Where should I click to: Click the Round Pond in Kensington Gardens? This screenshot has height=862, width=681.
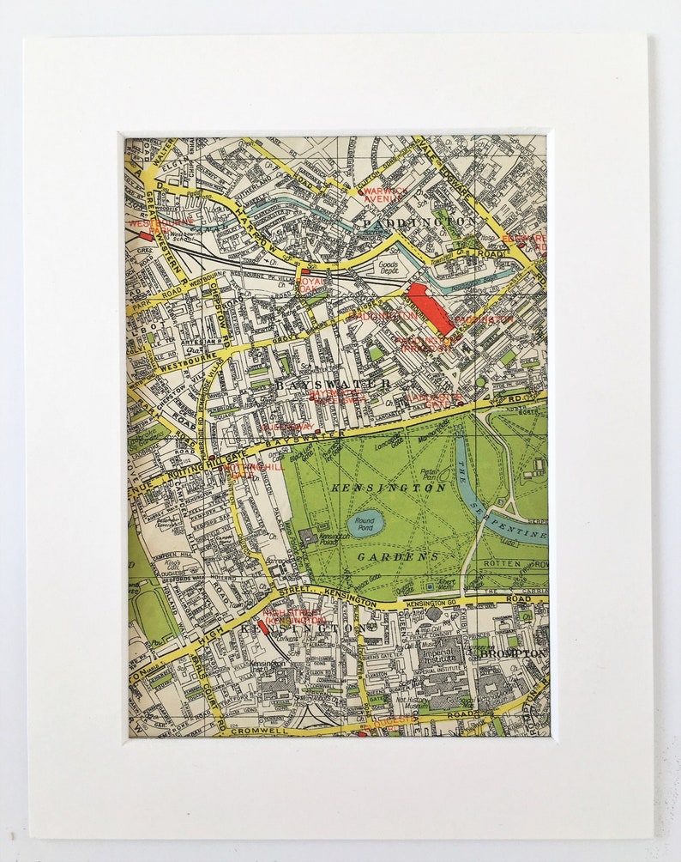click(x=365, y=523)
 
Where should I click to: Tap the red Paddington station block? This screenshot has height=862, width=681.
click(x=430, y=307)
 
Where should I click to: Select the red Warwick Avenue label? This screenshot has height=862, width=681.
click(x=379, y=194)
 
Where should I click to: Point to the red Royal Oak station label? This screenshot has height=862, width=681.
click(x=313, y=284)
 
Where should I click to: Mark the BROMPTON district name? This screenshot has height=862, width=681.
click(x=513, y=653)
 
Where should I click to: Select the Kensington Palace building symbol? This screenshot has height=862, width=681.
click(x=308, y=537)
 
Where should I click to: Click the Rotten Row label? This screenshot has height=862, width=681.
click(x=525, y=563)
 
